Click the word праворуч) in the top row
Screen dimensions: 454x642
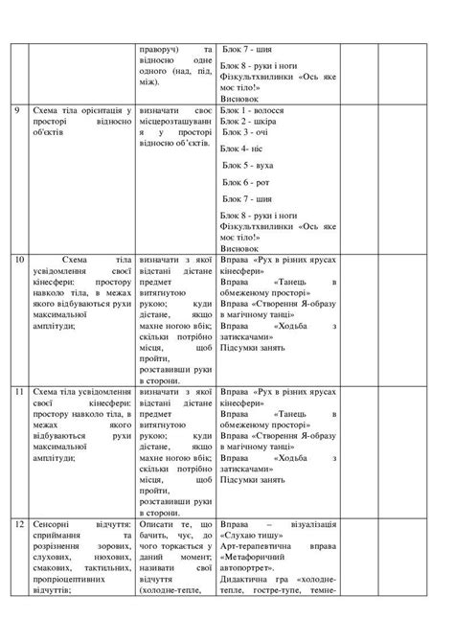tap(163, 48)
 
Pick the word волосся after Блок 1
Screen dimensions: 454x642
tap(274, 112)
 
